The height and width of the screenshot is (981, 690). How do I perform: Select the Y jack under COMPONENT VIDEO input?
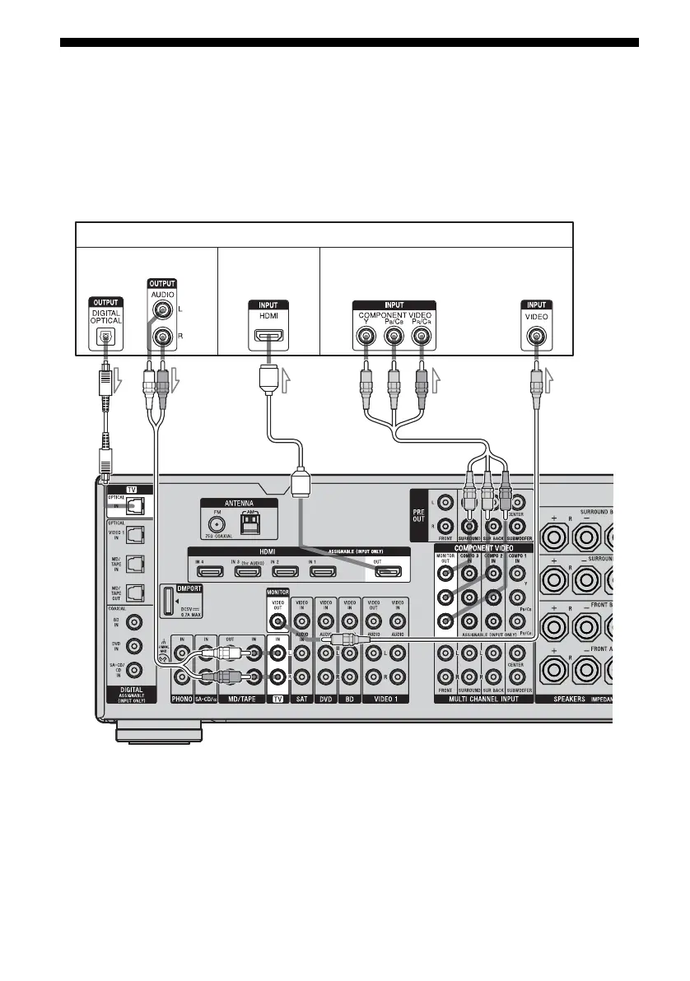point(366,337)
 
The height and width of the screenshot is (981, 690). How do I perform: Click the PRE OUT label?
point(419,511)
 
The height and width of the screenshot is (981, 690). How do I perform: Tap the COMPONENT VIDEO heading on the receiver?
point(483,547)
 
